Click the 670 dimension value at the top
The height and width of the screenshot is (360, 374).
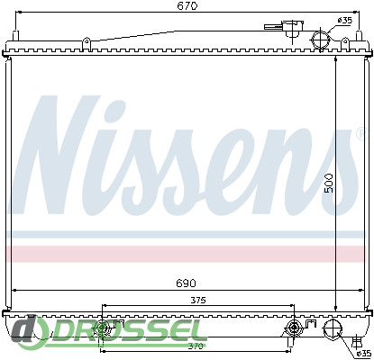[187, 5]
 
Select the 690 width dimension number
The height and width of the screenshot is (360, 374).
[187, 283]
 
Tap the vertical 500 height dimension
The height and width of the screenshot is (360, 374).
[329, 183]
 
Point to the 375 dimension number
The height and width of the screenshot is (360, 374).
[198, 300]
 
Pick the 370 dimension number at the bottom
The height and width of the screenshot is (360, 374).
[198, 346]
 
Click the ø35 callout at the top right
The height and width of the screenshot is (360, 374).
[344, 21]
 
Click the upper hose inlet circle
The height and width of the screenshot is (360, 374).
[321, 40]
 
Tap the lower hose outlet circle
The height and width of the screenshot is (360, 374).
[333, 329]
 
